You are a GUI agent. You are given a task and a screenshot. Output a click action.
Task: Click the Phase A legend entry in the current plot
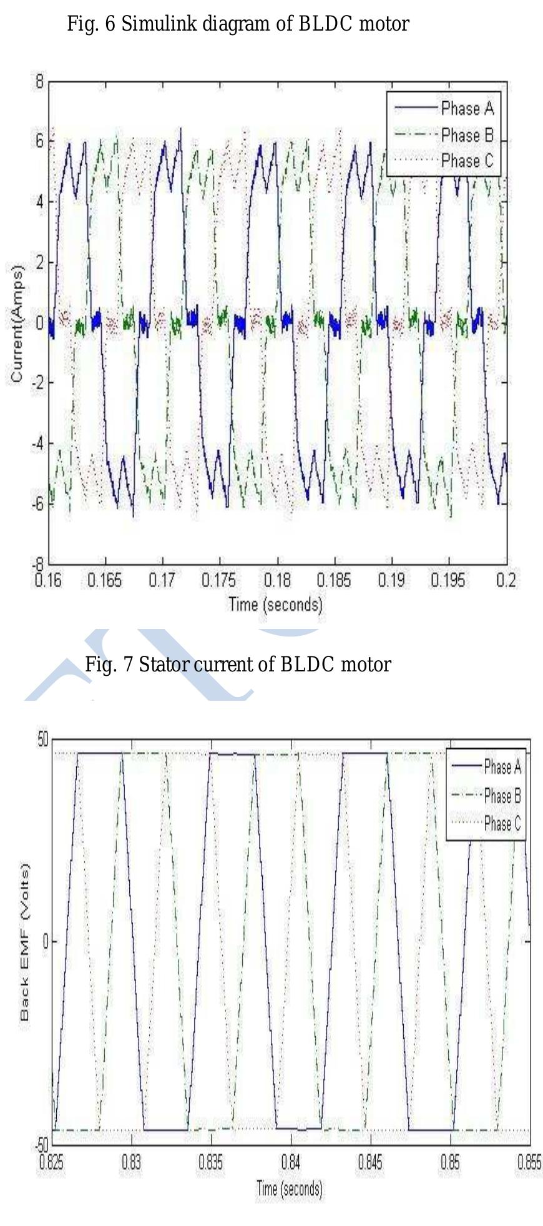[x=467, y=109]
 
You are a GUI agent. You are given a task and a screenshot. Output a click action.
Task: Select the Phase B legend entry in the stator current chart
[x=467, y=135]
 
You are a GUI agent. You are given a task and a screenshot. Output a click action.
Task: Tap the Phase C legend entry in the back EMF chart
[x=502, y=823]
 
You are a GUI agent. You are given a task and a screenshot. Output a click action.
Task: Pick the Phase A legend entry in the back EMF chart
[x=502, y=766]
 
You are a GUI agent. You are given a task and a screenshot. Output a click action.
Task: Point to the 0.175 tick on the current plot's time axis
[x=219, y=581]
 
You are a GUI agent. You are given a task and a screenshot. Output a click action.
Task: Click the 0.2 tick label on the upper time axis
[x=506, y=581]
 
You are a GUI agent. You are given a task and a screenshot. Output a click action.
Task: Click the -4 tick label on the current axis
[x=36, y=443]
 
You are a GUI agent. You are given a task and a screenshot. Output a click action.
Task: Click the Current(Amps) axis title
[x=17, y=323]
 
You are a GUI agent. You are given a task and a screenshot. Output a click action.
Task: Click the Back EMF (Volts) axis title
[x=25, y=941]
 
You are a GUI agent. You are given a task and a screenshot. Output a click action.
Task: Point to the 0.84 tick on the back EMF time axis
[x=290, y=1163]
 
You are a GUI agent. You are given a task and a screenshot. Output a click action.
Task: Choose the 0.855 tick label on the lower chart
[x=529, y=1163]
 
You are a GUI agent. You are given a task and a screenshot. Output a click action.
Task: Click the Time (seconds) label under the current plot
[x=275, y=604]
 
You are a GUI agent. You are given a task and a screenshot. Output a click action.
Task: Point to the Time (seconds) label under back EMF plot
[x=289, y=1188]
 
